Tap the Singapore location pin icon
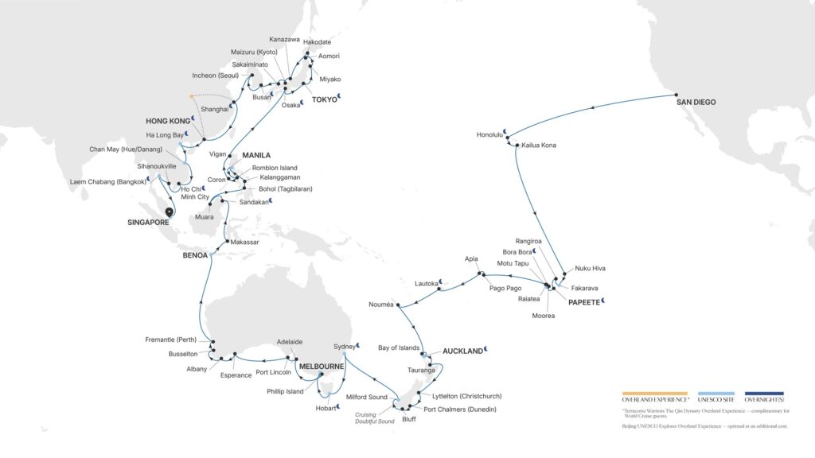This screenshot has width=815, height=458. point(169,212)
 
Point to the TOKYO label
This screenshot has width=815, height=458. point(325,99)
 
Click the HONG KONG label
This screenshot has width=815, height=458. point(166,120)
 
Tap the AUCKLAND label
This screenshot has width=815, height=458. point(462,351)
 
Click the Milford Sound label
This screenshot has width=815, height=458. point(366,397)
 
